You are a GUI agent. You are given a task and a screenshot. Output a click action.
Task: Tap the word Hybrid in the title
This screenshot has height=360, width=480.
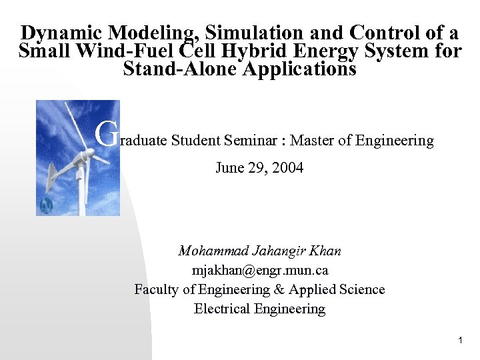(x=264, y=51)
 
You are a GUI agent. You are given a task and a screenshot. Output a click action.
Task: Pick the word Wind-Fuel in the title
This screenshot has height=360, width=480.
(x=125, y=51)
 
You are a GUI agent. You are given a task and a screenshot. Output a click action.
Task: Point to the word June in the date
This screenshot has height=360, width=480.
(x=229, y=168)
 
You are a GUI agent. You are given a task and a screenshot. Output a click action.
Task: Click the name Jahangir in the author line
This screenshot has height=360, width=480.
(x=277, y=251)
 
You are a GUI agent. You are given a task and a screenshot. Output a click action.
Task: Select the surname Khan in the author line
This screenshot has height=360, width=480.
(x=326, y=251)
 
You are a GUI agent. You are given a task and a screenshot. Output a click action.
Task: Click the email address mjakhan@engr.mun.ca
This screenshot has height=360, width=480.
(x=260, y=271)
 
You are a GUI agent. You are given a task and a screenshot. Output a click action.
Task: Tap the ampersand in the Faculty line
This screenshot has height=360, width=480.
(x=278, y=289)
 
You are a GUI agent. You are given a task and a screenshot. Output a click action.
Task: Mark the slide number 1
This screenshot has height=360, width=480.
(x=460, y=341)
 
